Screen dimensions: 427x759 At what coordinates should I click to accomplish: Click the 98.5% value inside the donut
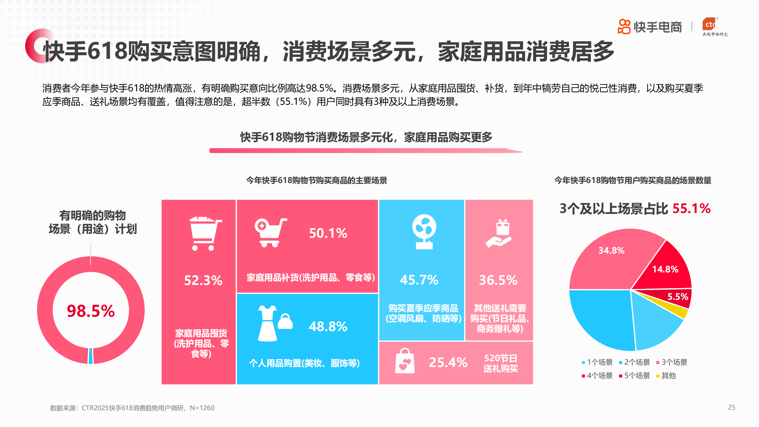point(91,311)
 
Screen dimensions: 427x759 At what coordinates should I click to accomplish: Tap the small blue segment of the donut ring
point(90,356)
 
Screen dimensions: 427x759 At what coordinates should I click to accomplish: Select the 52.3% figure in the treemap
point(203,280)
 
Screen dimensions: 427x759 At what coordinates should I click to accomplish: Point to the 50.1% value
point(328,233)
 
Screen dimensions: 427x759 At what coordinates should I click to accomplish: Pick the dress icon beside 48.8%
point(267,324)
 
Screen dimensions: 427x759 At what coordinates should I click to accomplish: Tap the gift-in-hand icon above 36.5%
point(499,233)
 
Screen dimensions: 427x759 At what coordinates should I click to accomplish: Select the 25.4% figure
point(448,362)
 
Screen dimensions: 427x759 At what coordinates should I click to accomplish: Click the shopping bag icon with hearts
point(405,361)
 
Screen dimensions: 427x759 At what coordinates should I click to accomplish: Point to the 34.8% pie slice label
point(611,251)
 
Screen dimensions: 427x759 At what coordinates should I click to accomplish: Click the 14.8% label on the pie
point(665,269)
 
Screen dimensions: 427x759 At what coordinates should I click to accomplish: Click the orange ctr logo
point(710,24)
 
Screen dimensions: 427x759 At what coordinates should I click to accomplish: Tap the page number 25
point(731,408)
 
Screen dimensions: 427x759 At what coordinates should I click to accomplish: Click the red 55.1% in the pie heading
point(691,208)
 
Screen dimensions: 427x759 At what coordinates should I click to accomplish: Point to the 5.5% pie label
point(677,297)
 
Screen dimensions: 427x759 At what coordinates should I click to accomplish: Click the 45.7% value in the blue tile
point(419,280)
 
